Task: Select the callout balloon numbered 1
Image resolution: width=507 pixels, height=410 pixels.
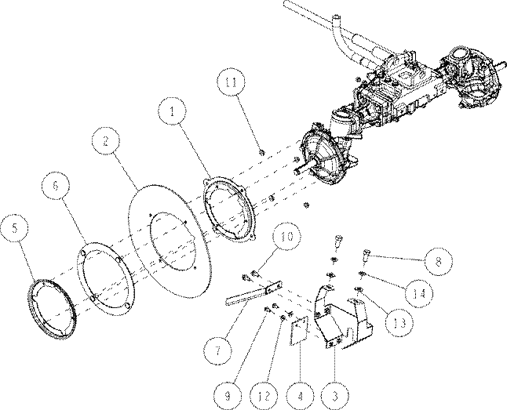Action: [x=173, y=111]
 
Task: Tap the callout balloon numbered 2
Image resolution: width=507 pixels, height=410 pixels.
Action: [x=105, y=141]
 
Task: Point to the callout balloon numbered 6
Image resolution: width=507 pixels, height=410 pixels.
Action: [x=56, y=186]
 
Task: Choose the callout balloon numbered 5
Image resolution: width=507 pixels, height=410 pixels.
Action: [x=15, y=228]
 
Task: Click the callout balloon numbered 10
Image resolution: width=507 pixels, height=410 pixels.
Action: [x=287, y=236]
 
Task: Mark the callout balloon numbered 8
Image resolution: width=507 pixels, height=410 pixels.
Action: [x=438, y=261]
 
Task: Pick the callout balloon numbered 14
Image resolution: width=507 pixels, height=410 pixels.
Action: [x=419, y=294]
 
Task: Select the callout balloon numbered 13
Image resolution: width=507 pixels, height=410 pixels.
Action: [x=399, y=322]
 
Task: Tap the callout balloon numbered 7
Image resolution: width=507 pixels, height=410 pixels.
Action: [x=217, y=350]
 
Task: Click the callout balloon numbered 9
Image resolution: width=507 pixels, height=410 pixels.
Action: [x=228, y=395]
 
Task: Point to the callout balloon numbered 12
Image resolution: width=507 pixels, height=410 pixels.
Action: [x=264, y=395]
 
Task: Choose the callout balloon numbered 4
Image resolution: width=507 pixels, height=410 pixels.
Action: [x=300, y=395]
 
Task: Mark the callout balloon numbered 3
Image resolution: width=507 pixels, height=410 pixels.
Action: [x=335, y=395]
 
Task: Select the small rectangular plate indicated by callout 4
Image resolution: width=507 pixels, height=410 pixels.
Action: [x=300, y=330]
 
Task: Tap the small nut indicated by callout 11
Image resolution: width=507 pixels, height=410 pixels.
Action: [x=262, y=152]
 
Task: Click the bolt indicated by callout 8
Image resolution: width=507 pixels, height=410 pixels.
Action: [x=366, y=256]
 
